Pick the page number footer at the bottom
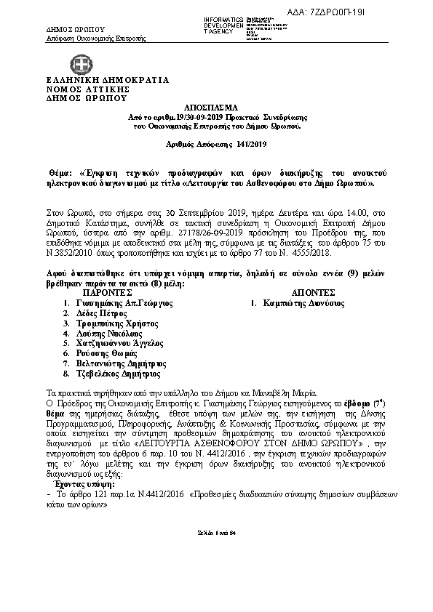click(216, 573)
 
